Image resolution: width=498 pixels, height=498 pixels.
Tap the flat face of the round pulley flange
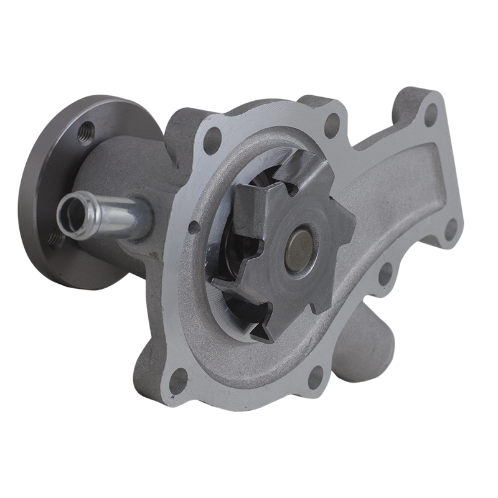pyautogui.click(x=47, y=187)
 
